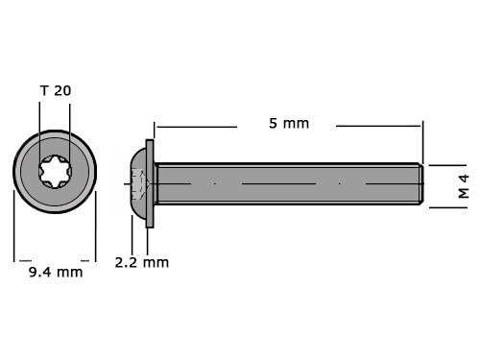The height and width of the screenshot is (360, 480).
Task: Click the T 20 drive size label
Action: pos(55,90)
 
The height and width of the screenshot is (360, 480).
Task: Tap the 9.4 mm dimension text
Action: pos(55,272)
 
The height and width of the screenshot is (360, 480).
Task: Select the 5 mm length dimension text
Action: pos(288,124)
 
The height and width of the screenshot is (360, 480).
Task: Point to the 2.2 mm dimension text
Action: pos(141,262)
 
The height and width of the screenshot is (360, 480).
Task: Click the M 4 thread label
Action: pos(463,185)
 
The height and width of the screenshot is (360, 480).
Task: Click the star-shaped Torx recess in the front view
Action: pos(54,174)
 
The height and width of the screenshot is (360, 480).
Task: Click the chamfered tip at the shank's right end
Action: pos(420,182)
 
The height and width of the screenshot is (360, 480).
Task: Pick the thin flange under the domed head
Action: pos(152,181)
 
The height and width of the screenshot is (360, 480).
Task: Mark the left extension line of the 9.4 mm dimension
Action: pos(14,226)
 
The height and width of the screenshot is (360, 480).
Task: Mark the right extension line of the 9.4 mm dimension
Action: pos(95,226)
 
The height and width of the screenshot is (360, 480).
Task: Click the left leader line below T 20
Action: pos(39,134)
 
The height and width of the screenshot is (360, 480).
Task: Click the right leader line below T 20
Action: pos(71,134)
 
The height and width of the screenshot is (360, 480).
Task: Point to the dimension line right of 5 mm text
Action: pos(379,126)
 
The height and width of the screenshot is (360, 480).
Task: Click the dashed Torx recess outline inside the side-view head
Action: pos(135,181)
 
